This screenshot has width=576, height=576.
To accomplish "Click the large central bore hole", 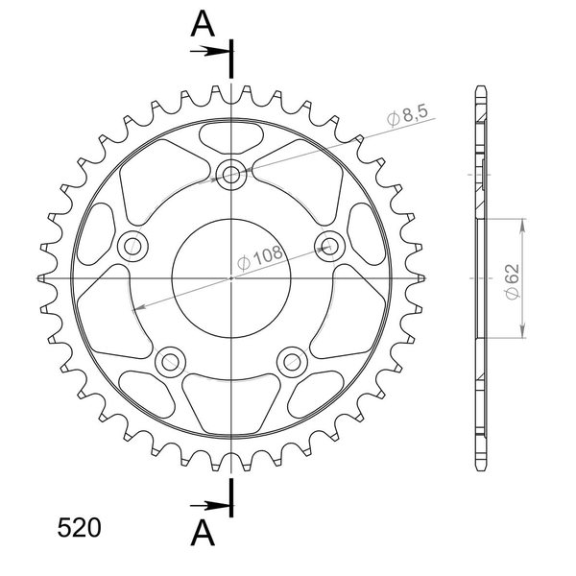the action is (x=231, y=278).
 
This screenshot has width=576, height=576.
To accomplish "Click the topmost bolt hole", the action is (x=230, y=175).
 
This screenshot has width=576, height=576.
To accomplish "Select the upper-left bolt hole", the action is (x=132, y=246).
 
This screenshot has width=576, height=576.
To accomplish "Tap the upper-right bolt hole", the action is (x=329, y=246).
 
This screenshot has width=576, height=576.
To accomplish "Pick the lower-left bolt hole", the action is (x=170, y=362).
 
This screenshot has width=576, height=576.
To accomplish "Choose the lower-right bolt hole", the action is (x=292, y=362).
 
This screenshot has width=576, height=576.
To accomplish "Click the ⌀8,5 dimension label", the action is (x=408, y=114).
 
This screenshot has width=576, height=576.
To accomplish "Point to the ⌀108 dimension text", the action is (x=260, y=257).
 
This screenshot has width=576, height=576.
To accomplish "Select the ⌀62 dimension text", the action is (x=513, y=281).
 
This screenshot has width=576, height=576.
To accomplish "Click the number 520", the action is (x=79, y=528).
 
